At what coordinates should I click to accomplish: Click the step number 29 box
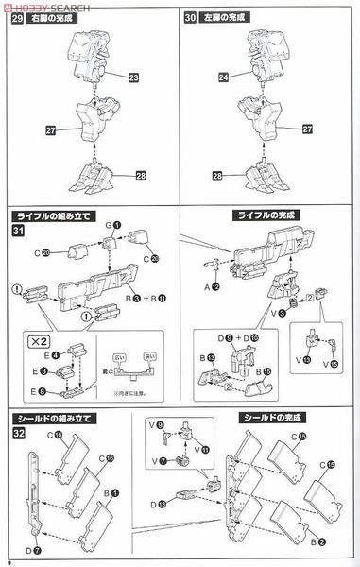click(15, 18)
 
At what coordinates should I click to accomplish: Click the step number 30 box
click(192, 18)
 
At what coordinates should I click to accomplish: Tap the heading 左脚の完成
click(225, 17)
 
